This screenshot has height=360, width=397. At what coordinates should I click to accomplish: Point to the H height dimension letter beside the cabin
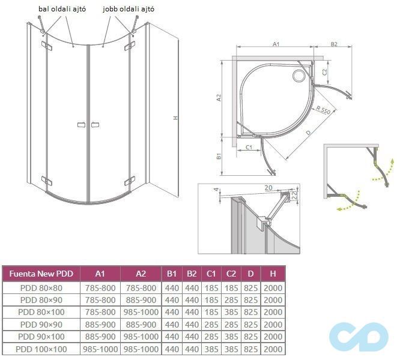coord(175,118)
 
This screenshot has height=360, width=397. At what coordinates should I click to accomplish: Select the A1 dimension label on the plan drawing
coord(276,44)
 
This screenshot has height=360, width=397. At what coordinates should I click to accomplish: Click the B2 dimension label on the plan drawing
coord(335,44)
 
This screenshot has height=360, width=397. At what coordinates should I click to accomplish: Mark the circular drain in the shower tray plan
coord(299,75)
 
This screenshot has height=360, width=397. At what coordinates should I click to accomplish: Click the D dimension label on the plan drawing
coord(308,131)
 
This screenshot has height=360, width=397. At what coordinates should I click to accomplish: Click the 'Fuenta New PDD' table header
coord(41,274)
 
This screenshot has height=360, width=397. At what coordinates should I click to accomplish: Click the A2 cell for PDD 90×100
coord(140,337)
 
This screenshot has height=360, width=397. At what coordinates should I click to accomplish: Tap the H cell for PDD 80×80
coord(273,288)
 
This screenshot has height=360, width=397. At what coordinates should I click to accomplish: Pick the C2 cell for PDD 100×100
coord(231,349)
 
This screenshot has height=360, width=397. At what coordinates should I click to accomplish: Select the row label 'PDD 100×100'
coord(41,349)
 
